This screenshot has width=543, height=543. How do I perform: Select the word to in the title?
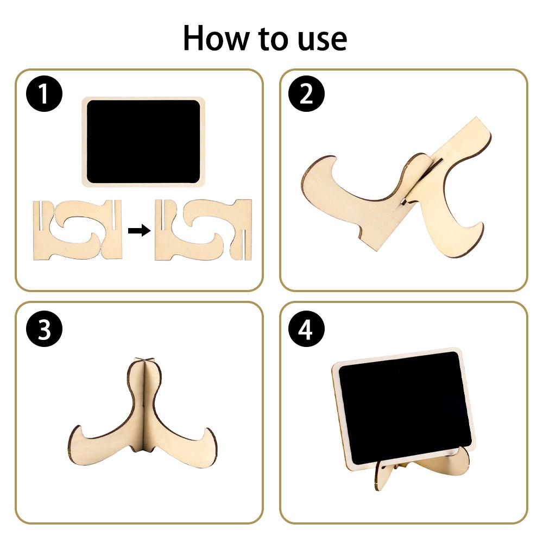pos(274,39)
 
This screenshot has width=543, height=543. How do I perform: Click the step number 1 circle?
pos(44,93)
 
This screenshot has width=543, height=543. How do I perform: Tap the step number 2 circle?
pos(306,93)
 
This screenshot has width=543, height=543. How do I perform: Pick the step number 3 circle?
pos(44,329)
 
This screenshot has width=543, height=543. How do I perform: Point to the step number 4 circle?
pos(306,329)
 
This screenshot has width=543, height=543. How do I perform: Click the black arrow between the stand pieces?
pos(139,230)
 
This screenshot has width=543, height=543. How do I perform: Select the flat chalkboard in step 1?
pos(143,142)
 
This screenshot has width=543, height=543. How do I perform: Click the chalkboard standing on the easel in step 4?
pos(403,409)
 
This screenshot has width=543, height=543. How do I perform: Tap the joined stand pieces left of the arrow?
pos(78,230)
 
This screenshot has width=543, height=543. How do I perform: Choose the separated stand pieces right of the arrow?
pos(203,230)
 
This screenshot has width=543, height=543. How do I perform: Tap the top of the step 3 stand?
pos(144,359)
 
